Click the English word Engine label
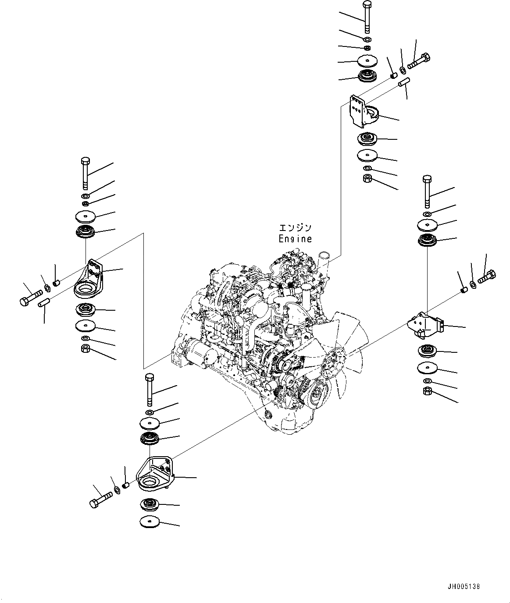(x=296, y=239)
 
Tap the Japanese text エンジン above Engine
(x=296, y=228)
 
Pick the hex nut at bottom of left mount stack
(x=86, y=349)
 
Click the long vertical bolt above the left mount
(x=85, y=173)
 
